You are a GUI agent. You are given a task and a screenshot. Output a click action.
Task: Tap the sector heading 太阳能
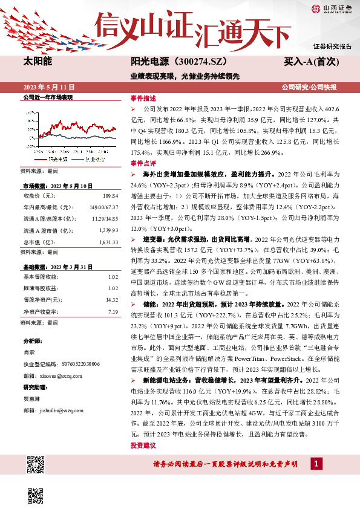[38, 62]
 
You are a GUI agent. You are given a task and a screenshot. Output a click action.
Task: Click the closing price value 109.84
[108, 196]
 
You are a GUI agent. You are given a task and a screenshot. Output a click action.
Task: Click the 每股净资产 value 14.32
[111, 299]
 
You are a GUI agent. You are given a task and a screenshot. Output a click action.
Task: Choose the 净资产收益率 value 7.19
[112, 311]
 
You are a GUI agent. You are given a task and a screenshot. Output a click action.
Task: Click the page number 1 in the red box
[315, 464]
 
